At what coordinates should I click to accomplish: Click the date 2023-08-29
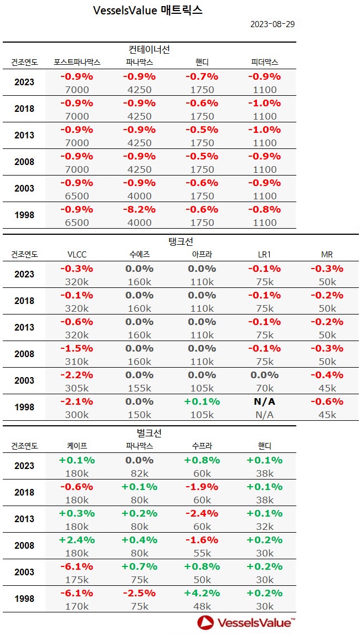tap(272, 24)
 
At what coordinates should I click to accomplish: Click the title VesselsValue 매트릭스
tap(148, 11)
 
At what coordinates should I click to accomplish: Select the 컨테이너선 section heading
tap(149, 50)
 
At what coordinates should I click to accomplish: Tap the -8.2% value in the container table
tap(139, 210)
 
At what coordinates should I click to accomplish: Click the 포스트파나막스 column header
tap(77, 62)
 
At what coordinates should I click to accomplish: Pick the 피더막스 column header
tap(264, 62)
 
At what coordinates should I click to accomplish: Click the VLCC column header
tap(76, 254)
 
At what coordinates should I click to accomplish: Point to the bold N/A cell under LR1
tap(264, 401)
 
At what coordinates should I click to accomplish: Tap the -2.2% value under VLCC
tap(76, 375)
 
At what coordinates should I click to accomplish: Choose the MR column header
tap(327, 254)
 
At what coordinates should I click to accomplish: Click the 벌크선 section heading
tap(149, 433)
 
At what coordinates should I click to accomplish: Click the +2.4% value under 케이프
tap(76, 540)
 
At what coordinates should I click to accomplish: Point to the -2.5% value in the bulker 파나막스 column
tap(139, 593)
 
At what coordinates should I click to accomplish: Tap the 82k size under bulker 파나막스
tap(139, 473)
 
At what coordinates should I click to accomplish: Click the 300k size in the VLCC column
tap(76, 415)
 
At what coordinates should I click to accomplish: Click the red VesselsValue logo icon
tap(205, 622)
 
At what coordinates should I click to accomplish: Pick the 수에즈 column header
tap(139, 254)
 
